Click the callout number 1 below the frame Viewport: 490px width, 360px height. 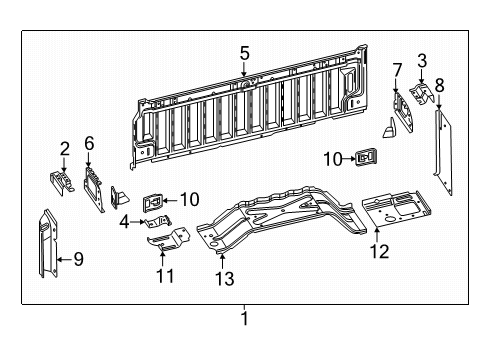pos(244,320)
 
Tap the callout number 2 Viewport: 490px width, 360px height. pos(64,149)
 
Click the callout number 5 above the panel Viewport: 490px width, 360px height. pos(244,53)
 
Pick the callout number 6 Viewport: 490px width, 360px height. pos(89,144)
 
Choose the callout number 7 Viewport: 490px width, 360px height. pos(397,69)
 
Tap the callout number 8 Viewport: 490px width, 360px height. pos(438,84)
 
